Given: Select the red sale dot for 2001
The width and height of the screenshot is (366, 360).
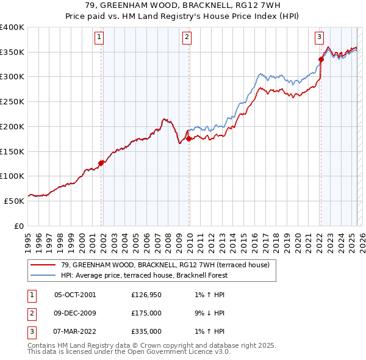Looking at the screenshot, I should coord(101,162).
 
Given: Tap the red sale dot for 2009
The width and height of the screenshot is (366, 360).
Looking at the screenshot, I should coord(189,139).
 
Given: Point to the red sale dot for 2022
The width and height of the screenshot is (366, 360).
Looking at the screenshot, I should coord(321,59).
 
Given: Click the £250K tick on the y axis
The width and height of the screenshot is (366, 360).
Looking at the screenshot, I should coord(12,101).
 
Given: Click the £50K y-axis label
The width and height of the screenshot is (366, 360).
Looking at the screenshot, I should coord(14,200).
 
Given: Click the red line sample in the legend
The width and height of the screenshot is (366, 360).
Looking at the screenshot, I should coord(43,265).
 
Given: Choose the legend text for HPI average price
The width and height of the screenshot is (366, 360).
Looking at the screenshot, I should coord(144,275).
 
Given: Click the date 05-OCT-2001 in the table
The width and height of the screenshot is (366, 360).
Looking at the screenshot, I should coord(75,295).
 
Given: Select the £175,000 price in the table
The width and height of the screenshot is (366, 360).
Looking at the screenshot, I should coord(146,313).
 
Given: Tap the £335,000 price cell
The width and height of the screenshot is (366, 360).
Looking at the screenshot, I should coord(146,331).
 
